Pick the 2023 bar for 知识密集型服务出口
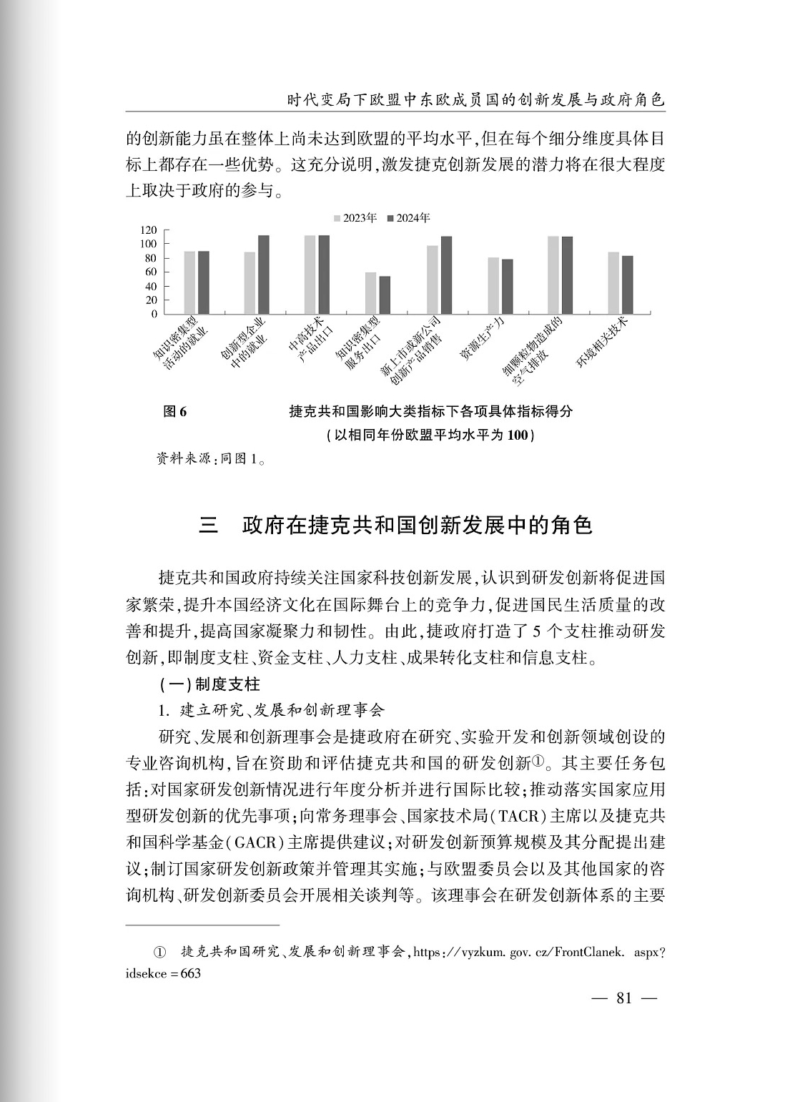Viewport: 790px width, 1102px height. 370,293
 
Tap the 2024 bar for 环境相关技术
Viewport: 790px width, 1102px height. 628,285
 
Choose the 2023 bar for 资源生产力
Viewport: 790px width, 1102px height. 493,285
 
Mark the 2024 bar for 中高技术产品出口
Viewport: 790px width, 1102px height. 324,275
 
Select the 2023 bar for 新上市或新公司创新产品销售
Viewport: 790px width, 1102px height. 433,280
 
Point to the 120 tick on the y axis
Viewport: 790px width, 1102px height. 149,230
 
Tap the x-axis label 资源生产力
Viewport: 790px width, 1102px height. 482,339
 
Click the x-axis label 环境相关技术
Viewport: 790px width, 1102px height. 602,343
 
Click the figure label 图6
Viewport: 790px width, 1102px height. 174,412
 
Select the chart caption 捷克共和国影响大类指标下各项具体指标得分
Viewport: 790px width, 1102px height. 430,412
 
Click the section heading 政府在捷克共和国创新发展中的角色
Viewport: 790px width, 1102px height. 418,526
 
